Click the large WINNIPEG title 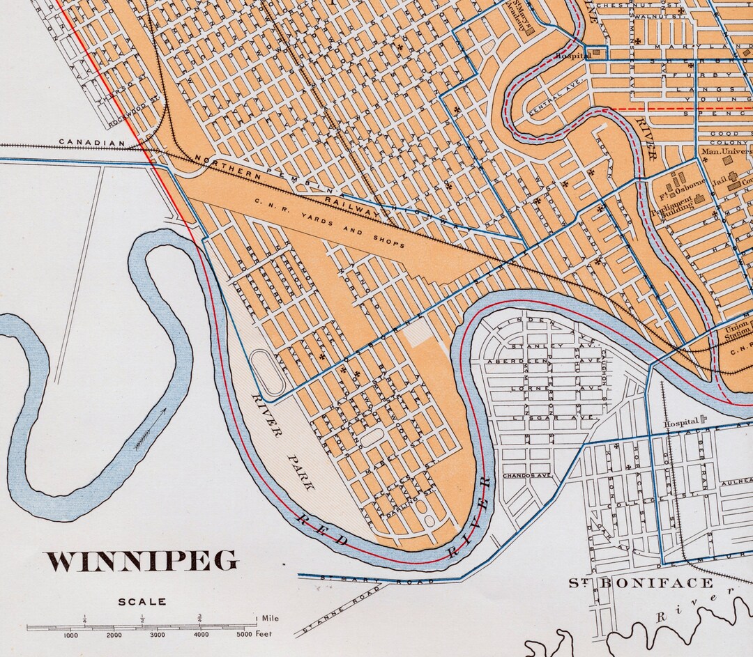point(142,562)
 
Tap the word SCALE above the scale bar point(142,601)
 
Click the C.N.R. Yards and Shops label point(329,224)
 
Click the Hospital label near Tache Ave point(681,422)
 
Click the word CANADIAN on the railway point(91,142)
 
